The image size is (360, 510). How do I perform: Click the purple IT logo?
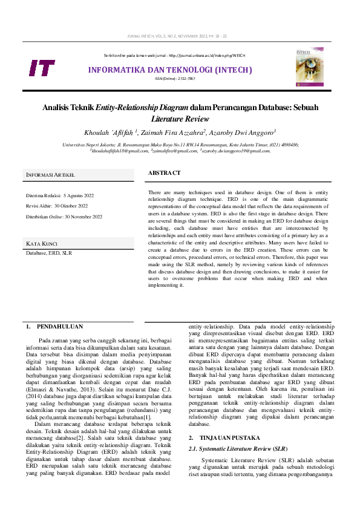(x=42, y=68)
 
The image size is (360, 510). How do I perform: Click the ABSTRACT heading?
(x=164, y=173)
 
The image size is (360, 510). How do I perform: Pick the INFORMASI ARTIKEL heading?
(x=50, y=175)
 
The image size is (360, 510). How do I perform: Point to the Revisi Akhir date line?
(x=57, y=206)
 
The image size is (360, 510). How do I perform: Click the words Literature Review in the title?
(x=180, y=119)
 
